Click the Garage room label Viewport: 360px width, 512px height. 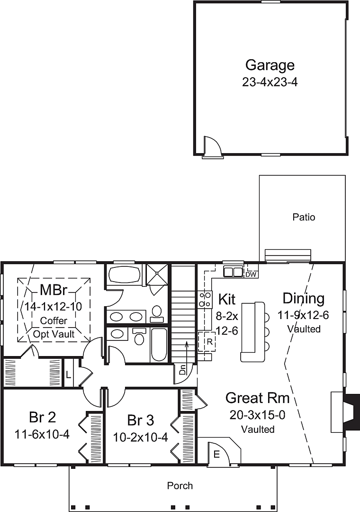(270, 65)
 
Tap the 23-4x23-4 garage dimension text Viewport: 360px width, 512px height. (270, 82)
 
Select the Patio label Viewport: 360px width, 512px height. (304, 217)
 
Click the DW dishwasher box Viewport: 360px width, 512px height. (251, 274)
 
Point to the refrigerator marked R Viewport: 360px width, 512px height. (207, 342)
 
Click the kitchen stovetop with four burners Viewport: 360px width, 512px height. (205, 300)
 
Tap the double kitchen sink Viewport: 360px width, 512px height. (233, 272)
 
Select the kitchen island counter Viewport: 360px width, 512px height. (253, 332)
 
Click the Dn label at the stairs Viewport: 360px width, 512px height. (182, 371)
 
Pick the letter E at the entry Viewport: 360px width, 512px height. (216, 454)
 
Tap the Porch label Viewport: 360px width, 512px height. (180, 485)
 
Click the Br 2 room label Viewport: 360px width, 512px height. (43, 417)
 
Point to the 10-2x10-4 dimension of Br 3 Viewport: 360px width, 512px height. (140, 437)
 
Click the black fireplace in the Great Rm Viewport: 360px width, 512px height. (352, 411)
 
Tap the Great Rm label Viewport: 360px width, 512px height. (258, 398)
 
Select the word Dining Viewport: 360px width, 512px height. (304, 299)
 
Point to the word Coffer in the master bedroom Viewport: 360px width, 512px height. (54, 320)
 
